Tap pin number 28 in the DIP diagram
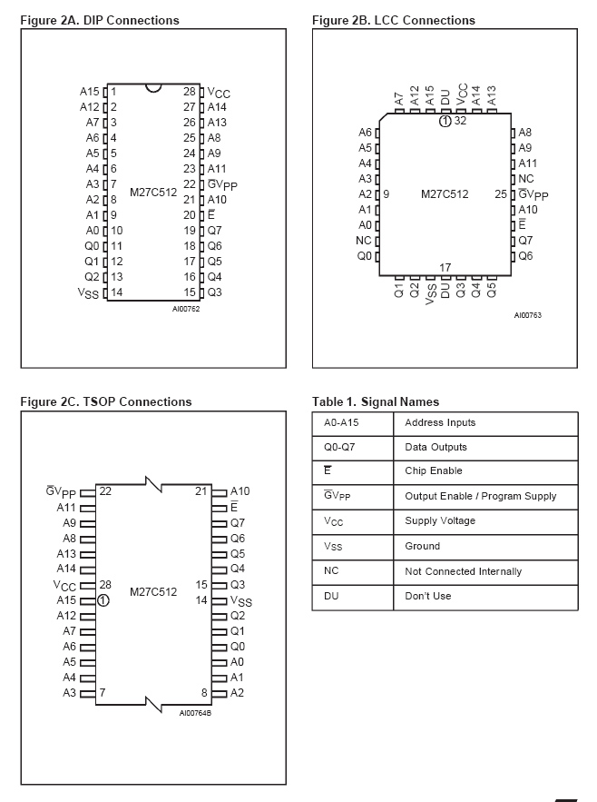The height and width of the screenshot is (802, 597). tap(190, 92)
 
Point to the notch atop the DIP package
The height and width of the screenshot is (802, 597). tap(153, 88)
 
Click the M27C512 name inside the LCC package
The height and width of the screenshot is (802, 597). tap(445, 194)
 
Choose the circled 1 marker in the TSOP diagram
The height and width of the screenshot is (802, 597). tap(103, 599)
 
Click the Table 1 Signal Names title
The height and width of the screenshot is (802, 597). tap(375, 401)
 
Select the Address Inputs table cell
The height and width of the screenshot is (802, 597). tap(440, 423)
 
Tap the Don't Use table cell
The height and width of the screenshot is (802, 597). tap(428, 597)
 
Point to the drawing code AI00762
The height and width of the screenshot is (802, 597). tap(185, 310)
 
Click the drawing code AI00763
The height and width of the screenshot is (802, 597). tap(527, 315)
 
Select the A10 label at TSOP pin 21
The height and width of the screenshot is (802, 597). tap(240, 491)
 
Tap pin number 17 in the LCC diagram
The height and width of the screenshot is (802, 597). tap(445, 267)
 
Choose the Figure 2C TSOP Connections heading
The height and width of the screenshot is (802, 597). tap(105, 401)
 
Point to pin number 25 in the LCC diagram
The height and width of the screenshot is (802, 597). tap(501, 194)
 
